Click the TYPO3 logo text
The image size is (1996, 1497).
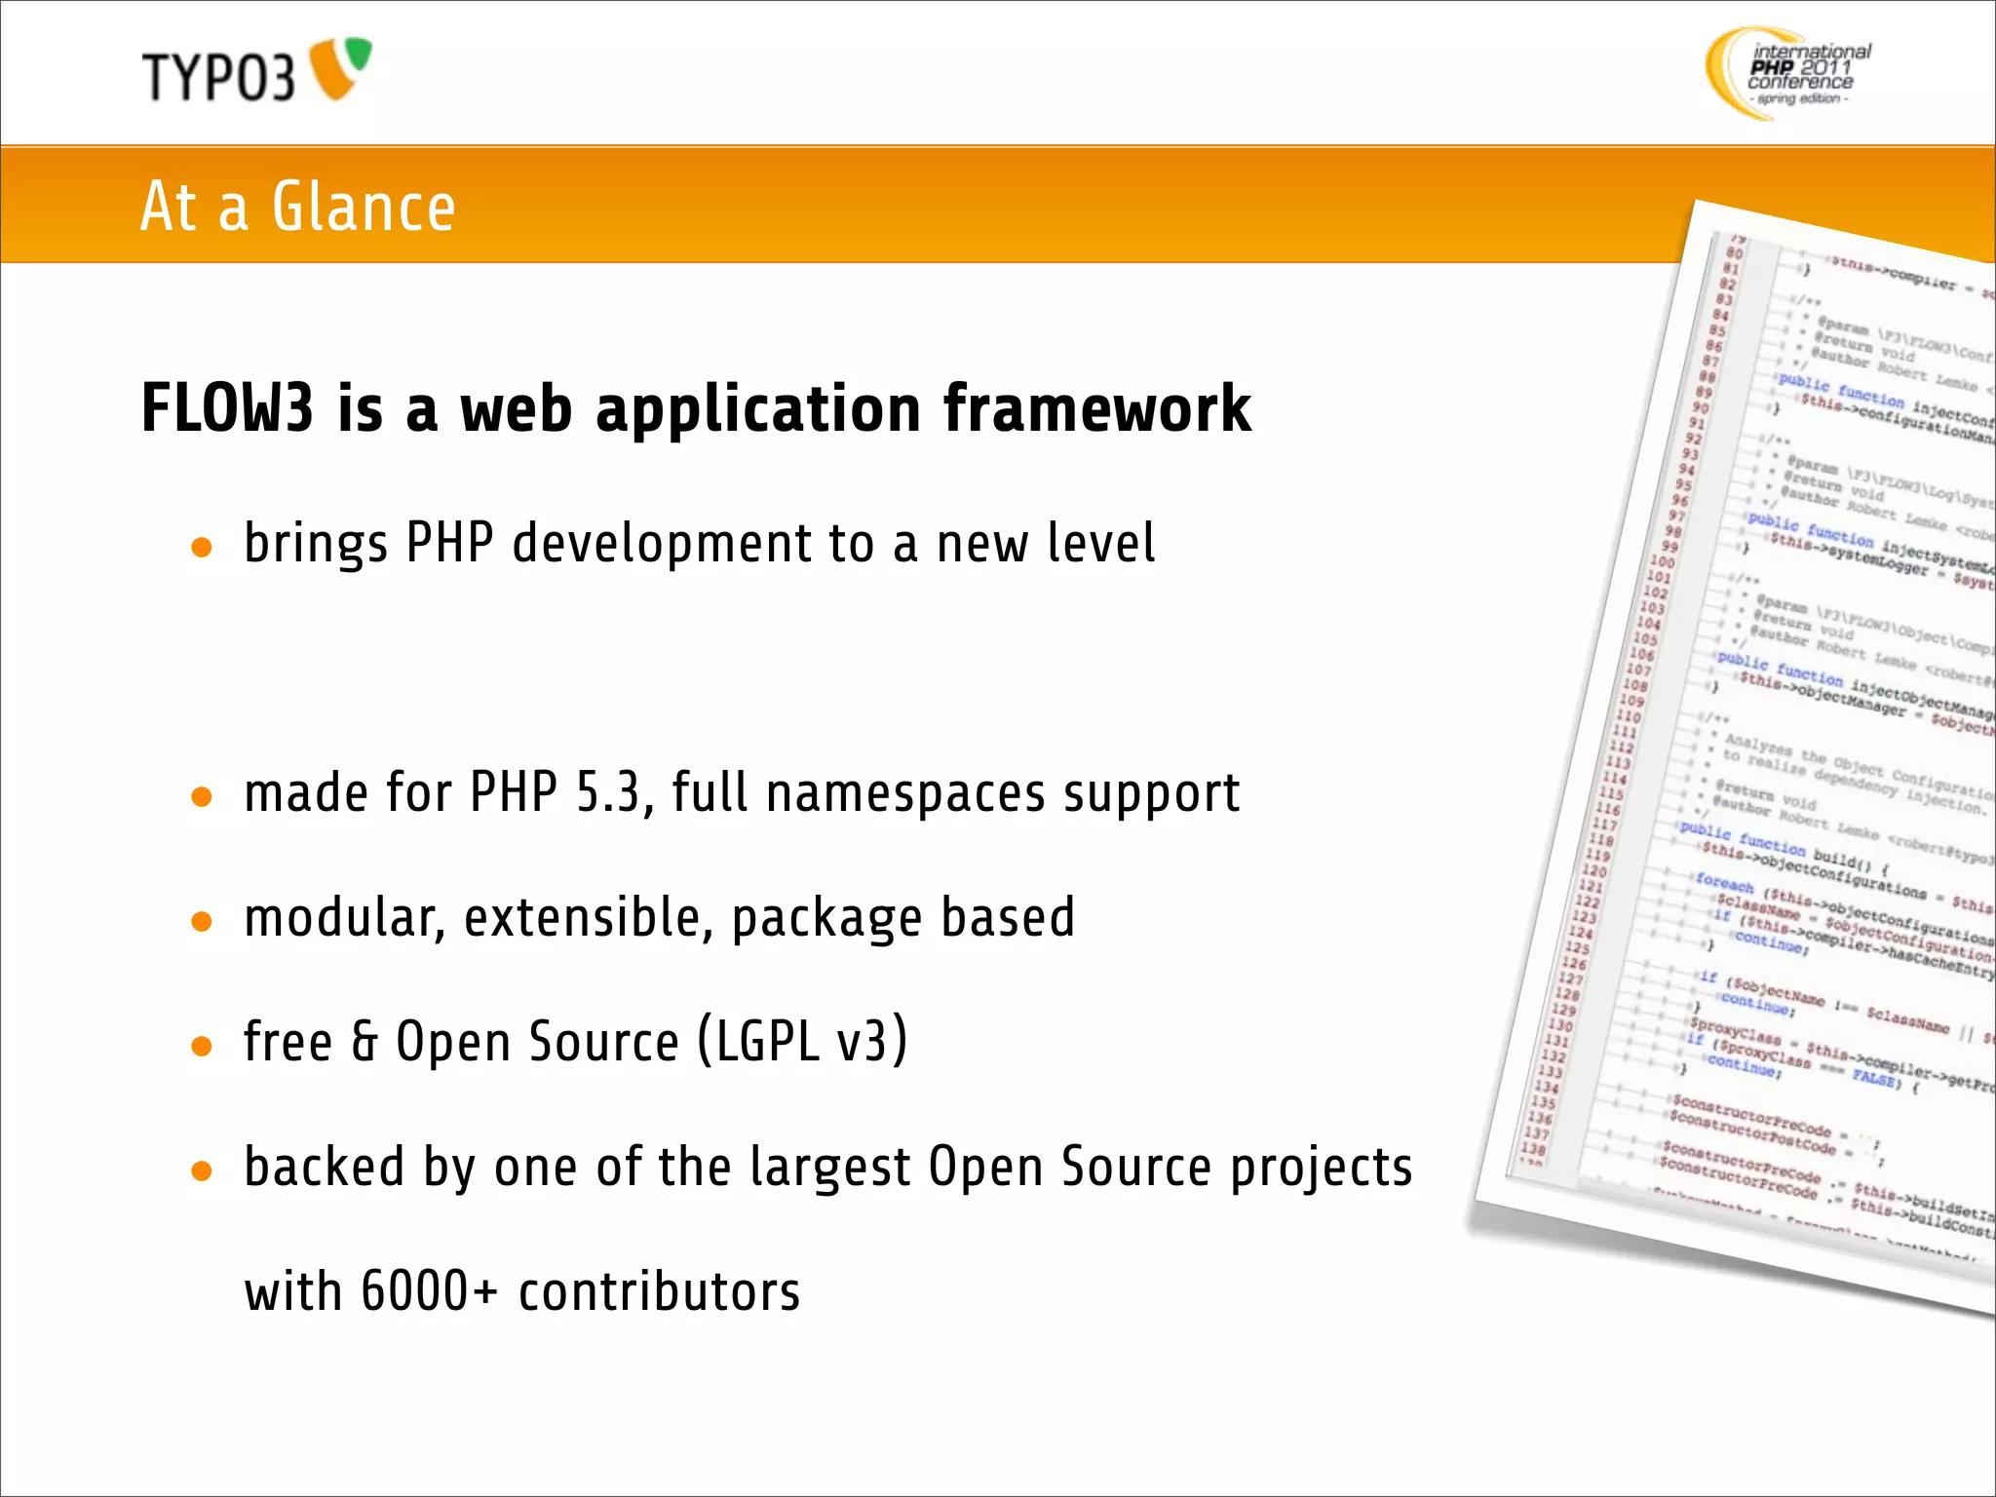pyautogui.click(x=217, y=78)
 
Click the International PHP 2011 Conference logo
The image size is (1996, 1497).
pyautogui.click(x=1788, y=73)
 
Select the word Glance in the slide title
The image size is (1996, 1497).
pyautogui.click(x=364, y=208)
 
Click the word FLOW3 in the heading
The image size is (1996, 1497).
pyautogui.click(x=227, y=408)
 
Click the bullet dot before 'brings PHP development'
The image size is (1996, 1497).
pyautogui.click(x=202, y=548)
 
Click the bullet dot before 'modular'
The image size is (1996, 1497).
pyautogui.click(x=202, y=921)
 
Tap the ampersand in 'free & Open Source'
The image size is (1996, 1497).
pyautogui.click(x=365, y=1041)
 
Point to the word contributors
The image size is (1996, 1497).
pyautogui.click(x=659, y=1291)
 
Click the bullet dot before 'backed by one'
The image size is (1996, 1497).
pyautogui.click(x=202, y=1171)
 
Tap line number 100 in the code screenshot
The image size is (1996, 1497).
pyautogui.click(x=1662, y=561)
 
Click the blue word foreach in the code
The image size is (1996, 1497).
pyautogui.click(x=1724, y=883)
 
